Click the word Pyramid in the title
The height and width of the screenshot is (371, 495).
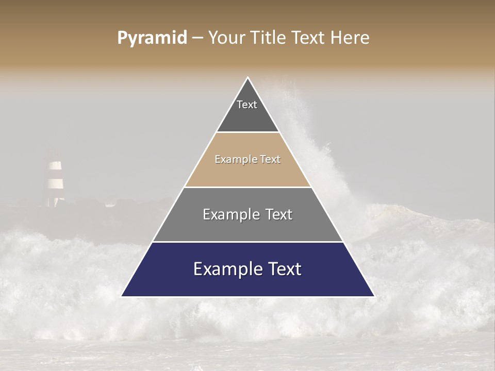pos(152,38)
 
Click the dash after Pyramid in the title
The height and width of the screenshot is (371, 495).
pos(197,38)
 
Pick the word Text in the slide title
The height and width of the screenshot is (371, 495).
pos(309,38)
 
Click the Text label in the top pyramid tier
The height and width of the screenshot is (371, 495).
pos(247,105)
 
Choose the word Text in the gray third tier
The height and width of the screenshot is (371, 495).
pos(279,214)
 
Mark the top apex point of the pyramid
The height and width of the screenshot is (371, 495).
pos(248,77)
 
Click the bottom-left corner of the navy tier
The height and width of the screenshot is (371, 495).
pos(122,296)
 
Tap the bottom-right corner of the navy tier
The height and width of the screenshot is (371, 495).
pos(374,296)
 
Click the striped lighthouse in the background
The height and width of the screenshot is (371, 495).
pos(55,178)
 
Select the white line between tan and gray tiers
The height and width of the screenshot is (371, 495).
pos(247,187)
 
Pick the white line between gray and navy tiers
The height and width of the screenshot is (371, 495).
pos(247,242)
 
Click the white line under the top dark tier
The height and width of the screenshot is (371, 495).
pos(247,132)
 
